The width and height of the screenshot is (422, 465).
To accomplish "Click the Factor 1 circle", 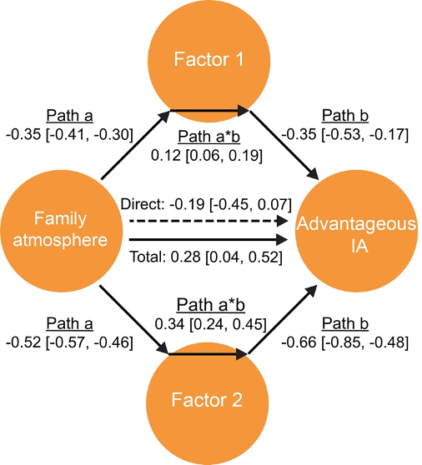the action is point(209,61).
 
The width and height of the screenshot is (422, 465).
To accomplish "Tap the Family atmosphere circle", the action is point(62,231).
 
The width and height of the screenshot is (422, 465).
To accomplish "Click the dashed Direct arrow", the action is point(208,221).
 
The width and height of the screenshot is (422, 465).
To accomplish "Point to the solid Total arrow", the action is point(208,240).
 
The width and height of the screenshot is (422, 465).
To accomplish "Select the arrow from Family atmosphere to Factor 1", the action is point(136,145).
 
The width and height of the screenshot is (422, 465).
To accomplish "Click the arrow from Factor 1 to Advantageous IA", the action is point(284,145).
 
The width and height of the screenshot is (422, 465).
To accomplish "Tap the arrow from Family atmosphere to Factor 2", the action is point(134,319).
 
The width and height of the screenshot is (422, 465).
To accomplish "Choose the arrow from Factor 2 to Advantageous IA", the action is point(282,319).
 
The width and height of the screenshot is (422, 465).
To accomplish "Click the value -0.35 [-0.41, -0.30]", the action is point(69,134).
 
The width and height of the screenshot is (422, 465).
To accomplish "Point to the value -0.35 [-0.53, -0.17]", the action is point(345,134).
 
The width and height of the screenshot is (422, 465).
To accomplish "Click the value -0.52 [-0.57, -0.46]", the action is point(69,342).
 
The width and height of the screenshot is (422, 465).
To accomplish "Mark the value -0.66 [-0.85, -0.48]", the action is point(345,342).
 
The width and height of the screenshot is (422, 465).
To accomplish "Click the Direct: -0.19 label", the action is point(163,204).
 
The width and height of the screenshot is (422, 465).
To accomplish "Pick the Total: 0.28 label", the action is point(165,257).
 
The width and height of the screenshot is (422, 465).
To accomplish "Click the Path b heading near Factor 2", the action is point(345,323).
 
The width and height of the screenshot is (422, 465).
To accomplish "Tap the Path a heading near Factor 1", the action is point(70,115).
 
